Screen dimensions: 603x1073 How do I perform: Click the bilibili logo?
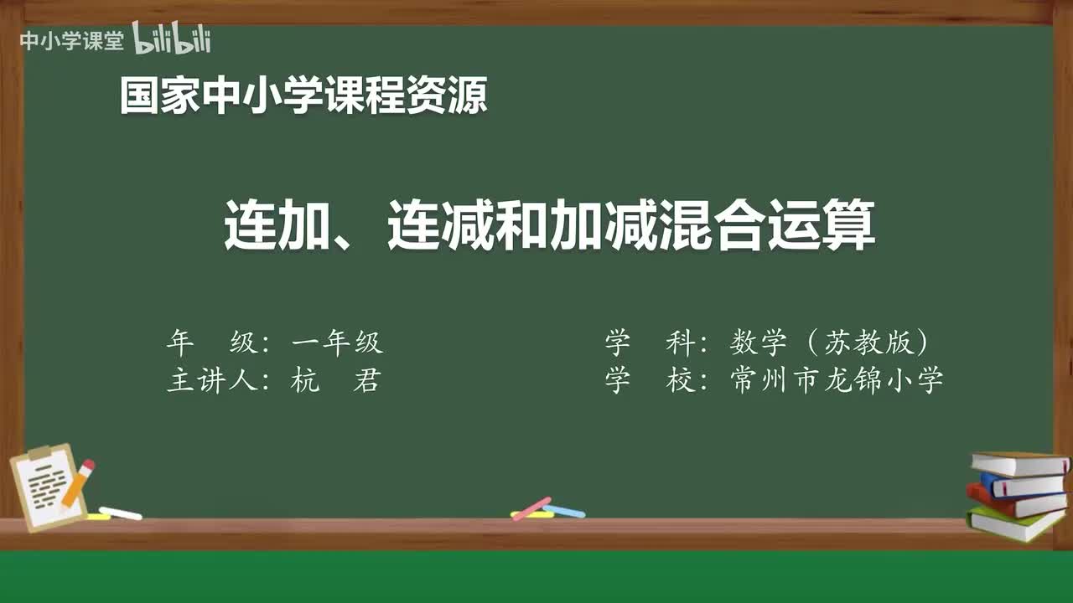[x=172, y=39]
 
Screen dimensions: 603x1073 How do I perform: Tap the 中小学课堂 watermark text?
[x=71, y=41]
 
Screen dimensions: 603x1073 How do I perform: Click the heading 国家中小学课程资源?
[x=303, y=95]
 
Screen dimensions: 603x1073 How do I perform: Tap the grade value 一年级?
[x=337, y=342]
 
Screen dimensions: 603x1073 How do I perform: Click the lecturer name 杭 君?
[x=335, y=381]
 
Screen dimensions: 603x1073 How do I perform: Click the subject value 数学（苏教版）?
[x=830, y=342]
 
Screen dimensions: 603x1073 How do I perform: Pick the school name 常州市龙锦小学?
[x=837, y=381]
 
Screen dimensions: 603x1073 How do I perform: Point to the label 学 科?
[x=646, y=342]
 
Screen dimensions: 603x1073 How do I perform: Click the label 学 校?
[x=646, y=381]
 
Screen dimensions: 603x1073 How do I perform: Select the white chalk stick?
[x=120, y=513]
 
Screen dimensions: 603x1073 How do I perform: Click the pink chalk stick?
[x=531, y=508]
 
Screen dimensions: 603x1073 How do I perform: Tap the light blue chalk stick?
[x=565, y=511]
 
